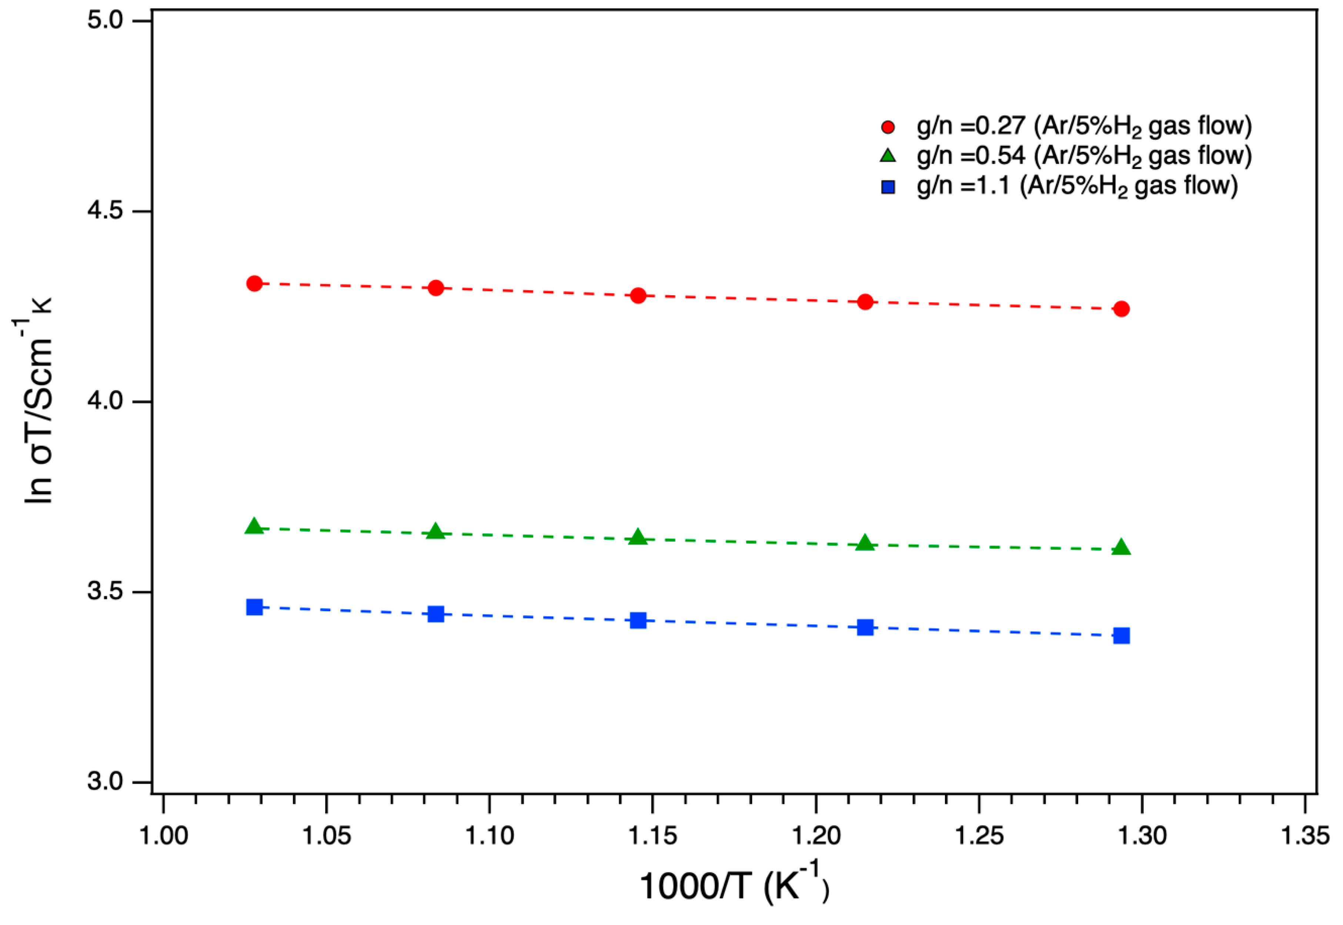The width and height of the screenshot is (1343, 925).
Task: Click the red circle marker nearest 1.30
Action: [x=1121, y=309]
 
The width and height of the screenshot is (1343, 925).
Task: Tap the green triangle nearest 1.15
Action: [x=638, y=537]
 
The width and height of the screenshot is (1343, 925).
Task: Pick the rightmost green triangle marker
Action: [x=1121, y=548]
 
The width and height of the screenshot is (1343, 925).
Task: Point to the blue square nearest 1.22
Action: [x=865, y=627]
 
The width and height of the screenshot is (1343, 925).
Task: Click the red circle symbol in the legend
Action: [x=888, y=127]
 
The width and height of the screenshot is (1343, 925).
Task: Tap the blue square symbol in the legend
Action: [x=888, y=187]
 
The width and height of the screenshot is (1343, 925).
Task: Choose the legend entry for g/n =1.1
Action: [x=1076, y=186]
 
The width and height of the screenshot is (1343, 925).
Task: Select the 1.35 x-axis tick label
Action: [x=1304, y=837]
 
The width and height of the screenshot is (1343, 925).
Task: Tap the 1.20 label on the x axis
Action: [x=815, y=837]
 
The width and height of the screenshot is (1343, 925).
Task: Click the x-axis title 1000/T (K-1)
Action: [x=734, y=887]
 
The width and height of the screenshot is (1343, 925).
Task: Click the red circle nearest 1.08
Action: [x=436, y=287]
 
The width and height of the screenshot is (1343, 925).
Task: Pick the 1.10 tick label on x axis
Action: [x=490, y=837]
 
